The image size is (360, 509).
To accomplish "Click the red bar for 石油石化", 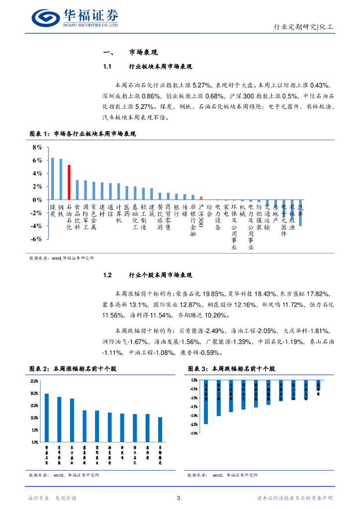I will click(x=69, y=182).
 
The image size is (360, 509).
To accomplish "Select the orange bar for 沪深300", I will click(x=201, y=198).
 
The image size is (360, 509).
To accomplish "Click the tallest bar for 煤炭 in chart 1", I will click(x=52, y=178).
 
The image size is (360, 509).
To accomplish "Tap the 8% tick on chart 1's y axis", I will click(x=37, y=148).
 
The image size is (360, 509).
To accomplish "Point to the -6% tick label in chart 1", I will click(x=36, y=239).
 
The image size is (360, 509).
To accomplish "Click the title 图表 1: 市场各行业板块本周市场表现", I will click(x=83, y=134).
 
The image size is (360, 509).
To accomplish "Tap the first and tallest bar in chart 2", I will click(x=47, y=418).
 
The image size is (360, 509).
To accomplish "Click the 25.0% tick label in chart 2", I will click(x=34, y=381).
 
